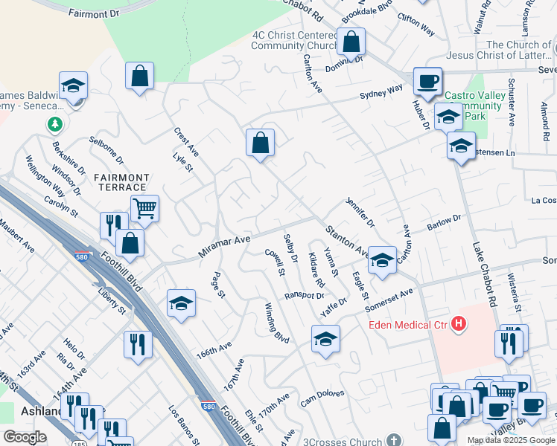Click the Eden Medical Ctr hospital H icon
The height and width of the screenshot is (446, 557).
click(x=459, y=324)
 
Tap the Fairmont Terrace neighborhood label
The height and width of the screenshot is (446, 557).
click(x=121, y=182)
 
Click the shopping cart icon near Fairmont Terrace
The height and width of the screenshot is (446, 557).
click(x=144, y=209)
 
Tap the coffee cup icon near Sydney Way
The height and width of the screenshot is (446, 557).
click(x=427, y=81)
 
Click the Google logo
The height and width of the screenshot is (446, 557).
click(x=25, y=436)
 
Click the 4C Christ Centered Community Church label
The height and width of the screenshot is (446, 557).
click(x=295, y=40)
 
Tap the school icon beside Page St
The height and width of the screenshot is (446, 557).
click(x=181, y=303)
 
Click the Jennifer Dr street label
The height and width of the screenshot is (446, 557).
click(x=360, y=213)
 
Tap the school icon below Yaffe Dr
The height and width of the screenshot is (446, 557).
click(x=325, y=339)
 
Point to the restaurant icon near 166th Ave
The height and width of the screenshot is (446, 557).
click(x=138, y=344)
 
